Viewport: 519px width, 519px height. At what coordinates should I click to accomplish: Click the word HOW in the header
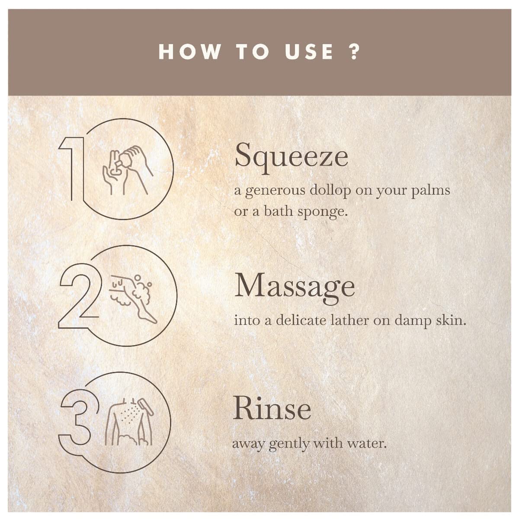190,51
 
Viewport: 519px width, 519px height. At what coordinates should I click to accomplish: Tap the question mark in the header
355,51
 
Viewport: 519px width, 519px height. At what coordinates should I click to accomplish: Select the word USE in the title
309,51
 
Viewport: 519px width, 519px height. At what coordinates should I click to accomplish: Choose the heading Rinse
272,410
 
